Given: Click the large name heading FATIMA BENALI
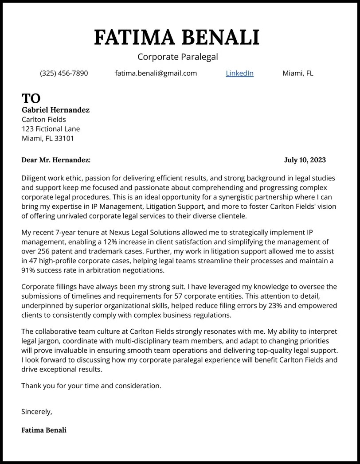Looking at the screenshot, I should [x=177, y=37].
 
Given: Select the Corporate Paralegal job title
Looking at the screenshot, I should [x=177, y=57].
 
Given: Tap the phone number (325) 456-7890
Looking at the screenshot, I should [x=64, y=73].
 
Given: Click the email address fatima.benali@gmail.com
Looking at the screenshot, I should [x=156, y=73].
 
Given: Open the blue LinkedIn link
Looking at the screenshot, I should [x=239, y=73].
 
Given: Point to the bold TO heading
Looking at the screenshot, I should [x=31, y=98].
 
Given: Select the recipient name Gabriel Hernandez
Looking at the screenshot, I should [x=55, y=110].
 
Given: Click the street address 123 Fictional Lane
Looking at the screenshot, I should [x=51, y=129].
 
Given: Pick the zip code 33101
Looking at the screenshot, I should [x=65, y=138].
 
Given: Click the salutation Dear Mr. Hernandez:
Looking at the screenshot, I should [x=56, y=160].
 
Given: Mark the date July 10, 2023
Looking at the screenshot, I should [x=305, y=160].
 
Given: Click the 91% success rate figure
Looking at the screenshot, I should [x=29, y=270].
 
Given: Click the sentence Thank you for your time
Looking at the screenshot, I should [x=91, y=386].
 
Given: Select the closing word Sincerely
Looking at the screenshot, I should [x=36, y=412].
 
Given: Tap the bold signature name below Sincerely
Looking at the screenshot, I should [x=44, y=430].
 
